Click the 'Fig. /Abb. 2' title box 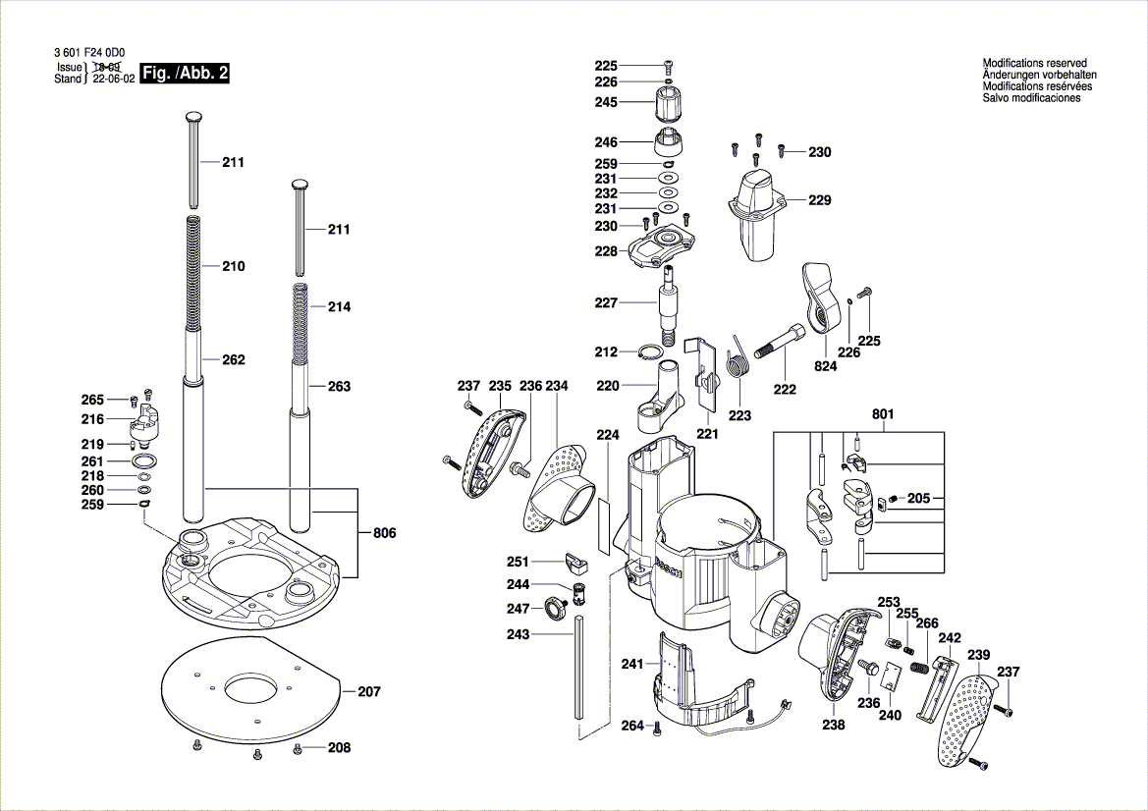click(185, 74)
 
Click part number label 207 click(368, 692)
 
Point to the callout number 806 click(385, 533)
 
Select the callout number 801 click(884, 414)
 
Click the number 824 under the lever click(825, 366)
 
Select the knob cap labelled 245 click(668, 101)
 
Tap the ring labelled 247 click(555, 609)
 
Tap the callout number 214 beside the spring click(339, 307)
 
